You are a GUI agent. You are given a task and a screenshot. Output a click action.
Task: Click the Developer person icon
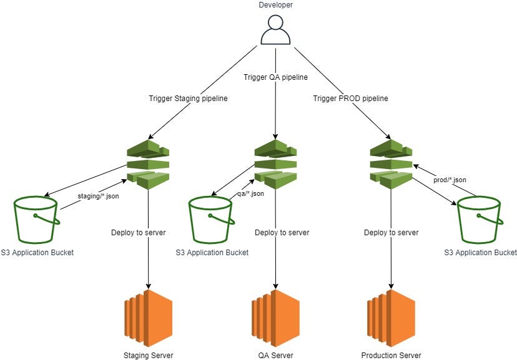(276, 30)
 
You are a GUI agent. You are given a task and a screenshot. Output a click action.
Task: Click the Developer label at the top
(275, 6)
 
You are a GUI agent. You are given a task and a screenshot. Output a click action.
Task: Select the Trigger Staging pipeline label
(187, 99)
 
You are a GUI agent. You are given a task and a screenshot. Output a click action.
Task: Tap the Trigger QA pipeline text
(275, 77)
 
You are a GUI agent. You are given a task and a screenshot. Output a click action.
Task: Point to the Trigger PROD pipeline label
(350, 99)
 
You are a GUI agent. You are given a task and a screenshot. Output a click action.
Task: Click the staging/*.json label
(99, 196)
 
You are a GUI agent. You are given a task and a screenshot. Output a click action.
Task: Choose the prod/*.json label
(450, 180)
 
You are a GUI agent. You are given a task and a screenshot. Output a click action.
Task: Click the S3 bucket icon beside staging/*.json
(36, 219)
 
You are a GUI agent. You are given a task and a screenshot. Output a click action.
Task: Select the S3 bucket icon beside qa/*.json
(212, 219)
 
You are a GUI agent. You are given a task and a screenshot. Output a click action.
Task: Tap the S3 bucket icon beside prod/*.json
(479, 219)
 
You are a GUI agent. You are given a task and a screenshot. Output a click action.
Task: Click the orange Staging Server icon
(148, 314)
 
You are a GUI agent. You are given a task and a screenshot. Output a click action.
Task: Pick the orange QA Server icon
(275, 314)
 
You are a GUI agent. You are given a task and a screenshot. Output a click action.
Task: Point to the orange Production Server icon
(391, 314)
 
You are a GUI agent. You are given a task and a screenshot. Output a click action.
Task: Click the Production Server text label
(391, 355)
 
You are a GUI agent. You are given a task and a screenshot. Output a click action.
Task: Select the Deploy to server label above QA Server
(282, 233)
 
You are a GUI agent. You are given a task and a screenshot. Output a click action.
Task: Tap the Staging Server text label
(148, 355)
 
